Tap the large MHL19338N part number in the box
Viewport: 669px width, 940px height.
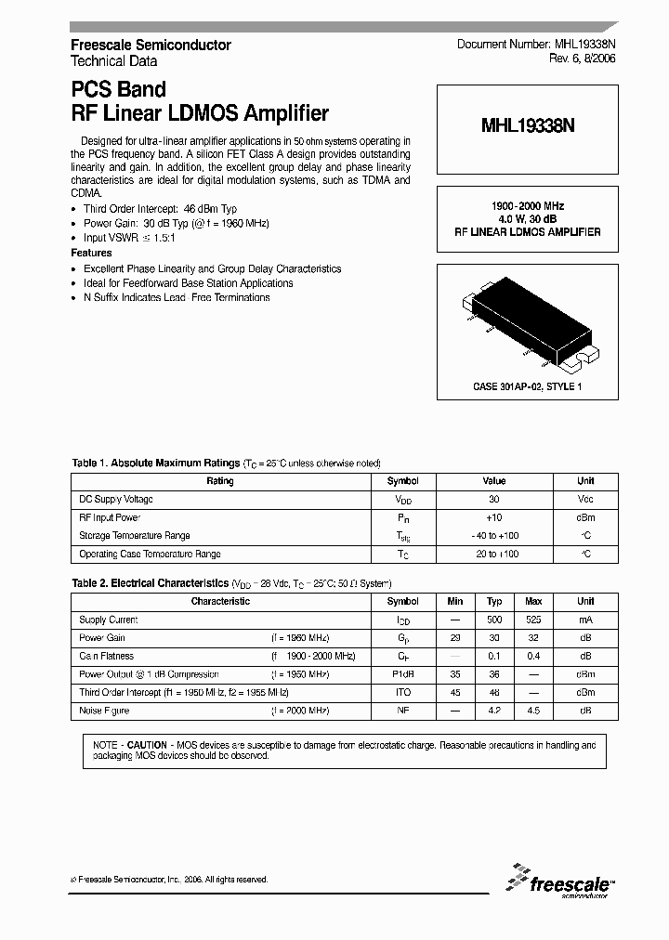click(x=528, y=130)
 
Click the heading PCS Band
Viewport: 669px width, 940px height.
click(x=118, y=90)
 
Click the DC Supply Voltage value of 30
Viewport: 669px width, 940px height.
click(x=494, y=500)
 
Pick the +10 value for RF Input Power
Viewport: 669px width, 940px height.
click(x=494, y=517)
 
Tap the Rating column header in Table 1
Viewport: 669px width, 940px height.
click(x=220, y=481)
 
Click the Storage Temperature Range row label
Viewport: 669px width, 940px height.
click(x=135, y=536)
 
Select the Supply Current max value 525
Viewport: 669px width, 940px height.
click(x=533, y=620)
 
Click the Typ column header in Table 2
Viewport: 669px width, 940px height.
click(x=495, y=601)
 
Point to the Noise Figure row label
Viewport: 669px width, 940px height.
click(x=104, y=711)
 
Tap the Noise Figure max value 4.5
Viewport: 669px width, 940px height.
click(x=533, y=711)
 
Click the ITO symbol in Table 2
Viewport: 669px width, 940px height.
click(x=402, y=693)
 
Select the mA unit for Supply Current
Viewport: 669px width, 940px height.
click(x=585, y=620)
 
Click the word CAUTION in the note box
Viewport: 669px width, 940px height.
click(x=147, y=745)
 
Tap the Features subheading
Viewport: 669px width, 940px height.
click(x=91, y=253)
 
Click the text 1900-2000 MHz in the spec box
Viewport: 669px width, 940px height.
click(x=528, y=205)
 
